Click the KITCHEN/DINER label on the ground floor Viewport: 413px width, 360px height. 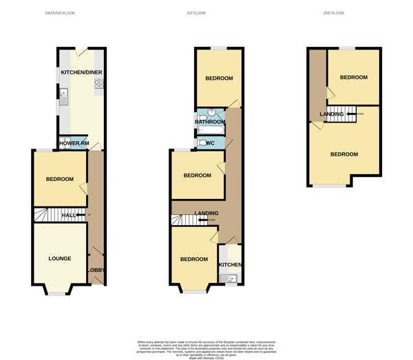pos(82,72)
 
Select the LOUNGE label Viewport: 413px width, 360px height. pos(60,259)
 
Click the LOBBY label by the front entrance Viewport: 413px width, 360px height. pos(96,270)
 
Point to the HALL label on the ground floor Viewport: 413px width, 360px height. pos(69,215)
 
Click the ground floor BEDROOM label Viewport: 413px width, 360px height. pos(60,180)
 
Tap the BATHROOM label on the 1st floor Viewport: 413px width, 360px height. pos(210,123)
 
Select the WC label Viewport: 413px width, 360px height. pos(211,143)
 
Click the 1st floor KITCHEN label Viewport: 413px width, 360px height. pos(230,265)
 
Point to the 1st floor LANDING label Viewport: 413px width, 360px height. pos(206,213)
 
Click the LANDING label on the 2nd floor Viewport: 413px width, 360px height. pos(332,114)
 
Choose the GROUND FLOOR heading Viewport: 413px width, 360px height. pos(60,13)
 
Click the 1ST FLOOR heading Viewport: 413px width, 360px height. pos(196,13)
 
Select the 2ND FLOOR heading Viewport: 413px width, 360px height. pos(333,13)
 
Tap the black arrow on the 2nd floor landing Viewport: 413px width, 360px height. pos(351,114)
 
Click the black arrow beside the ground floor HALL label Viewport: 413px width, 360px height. pos(81,215)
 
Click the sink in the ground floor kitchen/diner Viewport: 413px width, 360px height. pos(64,98)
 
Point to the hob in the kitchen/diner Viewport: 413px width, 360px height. pos(99,84)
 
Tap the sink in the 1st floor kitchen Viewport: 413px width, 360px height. pos(229,278)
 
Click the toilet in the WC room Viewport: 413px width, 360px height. pos(202,143)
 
